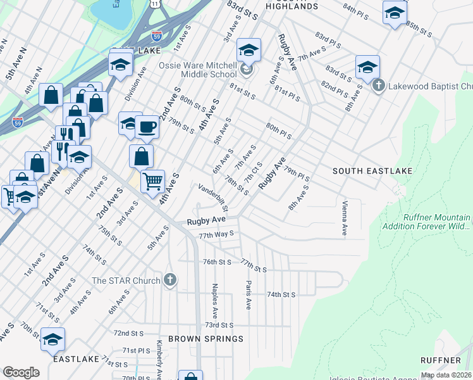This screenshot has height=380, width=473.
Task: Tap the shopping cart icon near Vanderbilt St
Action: (152, 182)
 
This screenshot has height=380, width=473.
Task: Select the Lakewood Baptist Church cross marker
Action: (378, 85)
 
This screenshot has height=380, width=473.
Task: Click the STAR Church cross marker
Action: (169, 280)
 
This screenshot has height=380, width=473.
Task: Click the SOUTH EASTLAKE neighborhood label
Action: (372, 171)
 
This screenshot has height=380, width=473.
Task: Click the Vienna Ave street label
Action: (345, 219)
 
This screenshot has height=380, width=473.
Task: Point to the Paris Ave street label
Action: (249, 295)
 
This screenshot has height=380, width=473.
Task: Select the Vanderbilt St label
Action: (213, 197)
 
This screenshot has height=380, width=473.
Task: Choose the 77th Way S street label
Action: (216, 234)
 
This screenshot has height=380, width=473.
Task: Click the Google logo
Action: (21, 372)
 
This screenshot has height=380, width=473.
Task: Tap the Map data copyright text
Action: (446, 375)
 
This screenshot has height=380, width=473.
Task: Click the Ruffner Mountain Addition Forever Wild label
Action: (429, 221)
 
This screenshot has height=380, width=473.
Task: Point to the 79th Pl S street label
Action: (297, 173)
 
